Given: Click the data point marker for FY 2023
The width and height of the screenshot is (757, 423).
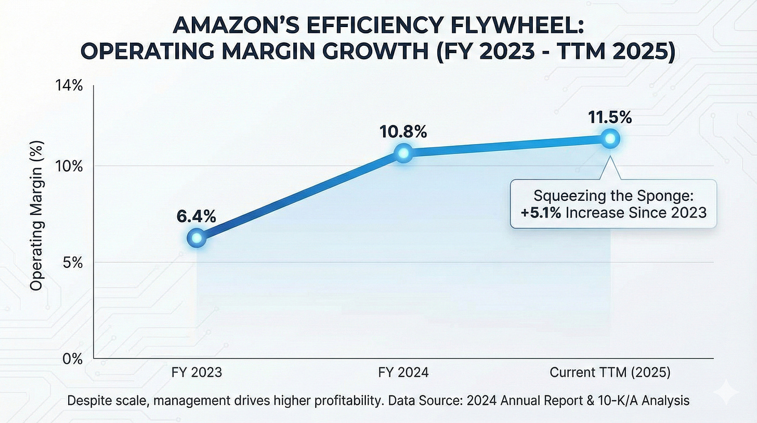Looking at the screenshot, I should coord(197,238).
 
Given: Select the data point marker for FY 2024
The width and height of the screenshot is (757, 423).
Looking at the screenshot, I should coord(403,153).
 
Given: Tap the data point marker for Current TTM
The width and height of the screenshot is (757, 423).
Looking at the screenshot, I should coord(610,138).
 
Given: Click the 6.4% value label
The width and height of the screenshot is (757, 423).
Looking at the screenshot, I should coord(197,216).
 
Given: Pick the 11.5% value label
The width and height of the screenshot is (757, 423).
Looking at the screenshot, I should coord(610,118).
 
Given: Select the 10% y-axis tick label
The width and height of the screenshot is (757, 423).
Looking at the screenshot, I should coord(70,166).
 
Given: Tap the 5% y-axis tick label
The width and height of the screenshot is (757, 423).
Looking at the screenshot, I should coord(73,262).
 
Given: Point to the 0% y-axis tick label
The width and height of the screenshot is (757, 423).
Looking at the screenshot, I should coord(73,358).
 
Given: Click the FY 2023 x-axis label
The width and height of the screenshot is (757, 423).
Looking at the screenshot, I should coord(197,373).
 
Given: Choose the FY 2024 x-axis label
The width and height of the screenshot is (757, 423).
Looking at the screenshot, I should coord(403,373).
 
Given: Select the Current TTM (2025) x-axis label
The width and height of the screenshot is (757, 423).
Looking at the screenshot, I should coord(610,373).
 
